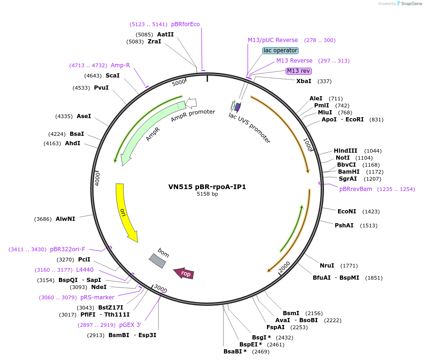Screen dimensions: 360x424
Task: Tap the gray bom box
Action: pyautogui.click(x=157, y=261)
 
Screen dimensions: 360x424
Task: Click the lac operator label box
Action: pyautogui.click(x=280, y=50)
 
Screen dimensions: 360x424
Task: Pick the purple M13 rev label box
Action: pyautogui.click(x=299, y=71)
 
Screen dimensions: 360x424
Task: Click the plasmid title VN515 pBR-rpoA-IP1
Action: pyautogui.click(x=207, y=187)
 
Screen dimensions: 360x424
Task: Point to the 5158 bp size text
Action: pyautogui.click(x=207, y=194)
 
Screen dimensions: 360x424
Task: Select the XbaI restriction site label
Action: pyautogui.click(x=304, y=81)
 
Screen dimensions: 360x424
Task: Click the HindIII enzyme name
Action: pyautogui.click(x=345, y=151)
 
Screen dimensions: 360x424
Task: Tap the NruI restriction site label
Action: pyautogui.click(x=327, y=266)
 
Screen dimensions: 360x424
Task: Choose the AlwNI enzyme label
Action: pyautogui.click(x=65, y=219)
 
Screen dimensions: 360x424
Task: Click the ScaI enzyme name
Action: pyautogui.click(x=113, y=75)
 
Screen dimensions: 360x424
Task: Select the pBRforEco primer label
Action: pyautogui.click(x=186, y=24)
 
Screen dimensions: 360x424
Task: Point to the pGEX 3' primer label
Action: pyautogui.click(x=130, y=325)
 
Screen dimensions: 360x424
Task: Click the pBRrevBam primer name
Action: pyautogui.click(x=356, y=189)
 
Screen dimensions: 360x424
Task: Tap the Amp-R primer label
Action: pyautogui.click(x=120, y=65)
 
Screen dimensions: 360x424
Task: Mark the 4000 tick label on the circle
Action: pyautogui.click(x=98, y=179)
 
